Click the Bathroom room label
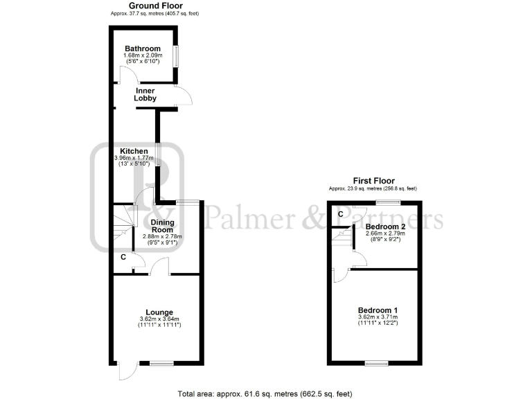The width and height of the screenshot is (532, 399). pos(143,48)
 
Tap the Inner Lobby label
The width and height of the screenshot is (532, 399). pos(145,94)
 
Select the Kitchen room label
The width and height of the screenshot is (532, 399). pos(134,151)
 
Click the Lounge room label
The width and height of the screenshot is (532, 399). pos(159,312)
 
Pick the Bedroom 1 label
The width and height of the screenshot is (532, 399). pos(378,310)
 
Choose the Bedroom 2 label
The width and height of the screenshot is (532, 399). pos(385,227)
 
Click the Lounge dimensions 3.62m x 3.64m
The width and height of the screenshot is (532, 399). pos(159,319)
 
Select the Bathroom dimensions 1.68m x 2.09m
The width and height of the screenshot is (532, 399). pos(143,56)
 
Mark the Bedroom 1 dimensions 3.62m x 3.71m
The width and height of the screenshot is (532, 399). pos(378,317)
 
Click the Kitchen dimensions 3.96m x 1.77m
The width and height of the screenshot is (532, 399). pos(134,158)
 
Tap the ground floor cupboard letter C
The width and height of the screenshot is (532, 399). pos(123,258)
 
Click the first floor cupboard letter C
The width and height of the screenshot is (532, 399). pos(340,214)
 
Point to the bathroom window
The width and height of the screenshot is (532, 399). pos(175,56)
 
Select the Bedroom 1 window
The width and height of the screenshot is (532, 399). pos(377,363)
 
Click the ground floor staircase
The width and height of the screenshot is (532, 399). pos(123,225)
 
